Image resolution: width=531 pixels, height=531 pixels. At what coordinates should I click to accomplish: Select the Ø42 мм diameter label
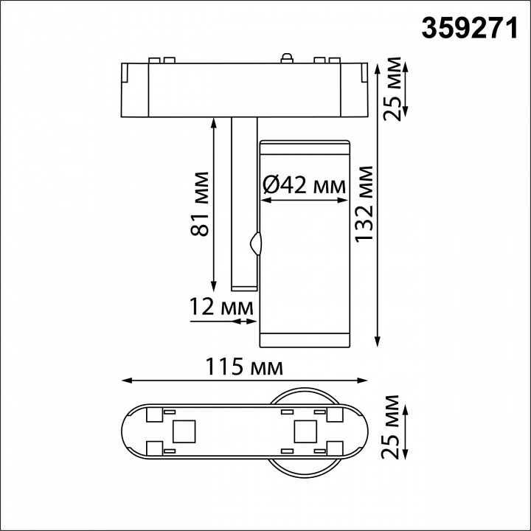coord(304,187)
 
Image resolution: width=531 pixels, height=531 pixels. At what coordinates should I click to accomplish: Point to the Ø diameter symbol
coord(270,187)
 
